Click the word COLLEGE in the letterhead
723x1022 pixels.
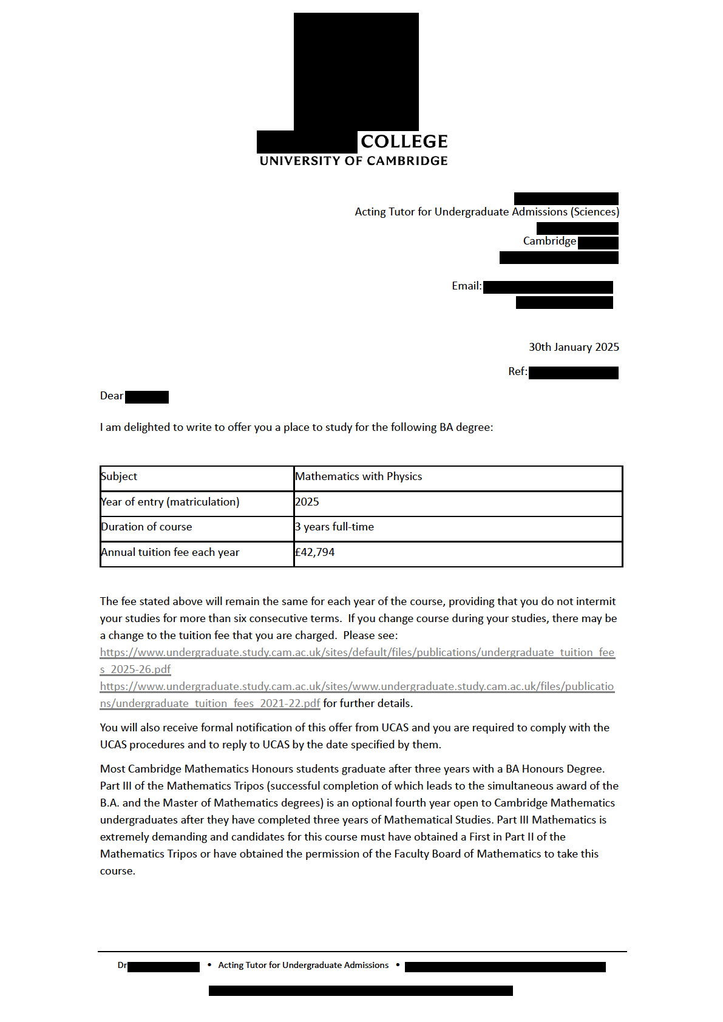(x=404, y=141)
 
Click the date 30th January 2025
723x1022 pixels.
(x=574, y=347)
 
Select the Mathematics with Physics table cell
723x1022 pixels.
(x=358, y=476)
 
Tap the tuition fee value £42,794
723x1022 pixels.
(x=314, y=552)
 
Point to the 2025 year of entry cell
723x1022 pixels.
(x=307, y=502)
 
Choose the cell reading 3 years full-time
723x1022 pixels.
(x=334, y=527)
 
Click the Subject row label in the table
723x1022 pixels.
(x=120, y=476)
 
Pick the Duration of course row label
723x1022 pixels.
(x=146, y=527)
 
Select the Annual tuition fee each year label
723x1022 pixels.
(x=170, y=552)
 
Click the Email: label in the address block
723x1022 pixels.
(x=466, y=286)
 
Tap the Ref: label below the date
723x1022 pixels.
(x=517, y=371)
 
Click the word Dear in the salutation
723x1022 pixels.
(x=112, y=396)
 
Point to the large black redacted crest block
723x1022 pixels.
(x=356, y=72)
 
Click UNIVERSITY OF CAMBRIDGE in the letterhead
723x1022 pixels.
(x=353, y=161)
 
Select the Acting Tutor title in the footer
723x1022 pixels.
(x=303, y=965)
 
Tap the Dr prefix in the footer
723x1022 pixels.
(x=122, y=965)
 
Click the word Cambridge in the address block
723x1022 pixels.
(x=549, y=241)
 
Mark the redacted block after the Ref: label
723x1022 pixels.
(x=573, y=373)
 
